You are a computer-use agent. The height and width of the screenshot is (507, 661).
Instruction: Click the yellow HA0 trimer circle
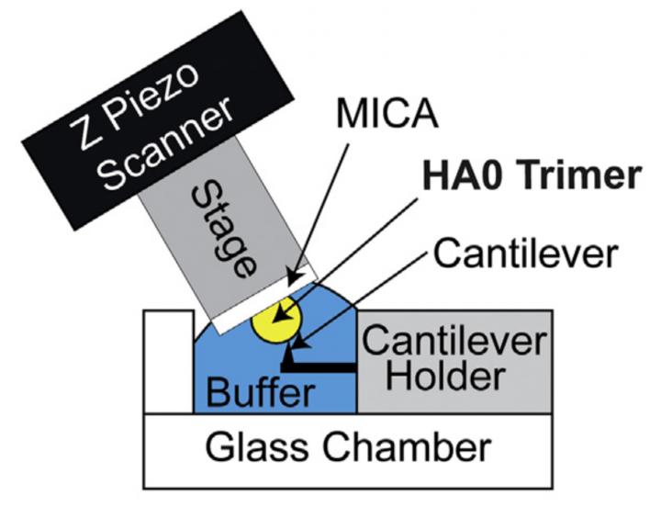[274, 322]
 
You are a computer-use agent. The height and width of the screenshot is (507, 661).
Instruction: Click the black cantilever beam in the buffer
[321, 366]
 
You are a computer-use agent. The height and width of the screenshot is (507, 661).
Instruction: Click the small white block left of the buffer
[167, 362]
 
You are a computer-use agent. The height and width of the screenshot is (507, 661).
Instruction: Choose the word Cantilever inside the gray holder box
[454, 342]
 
